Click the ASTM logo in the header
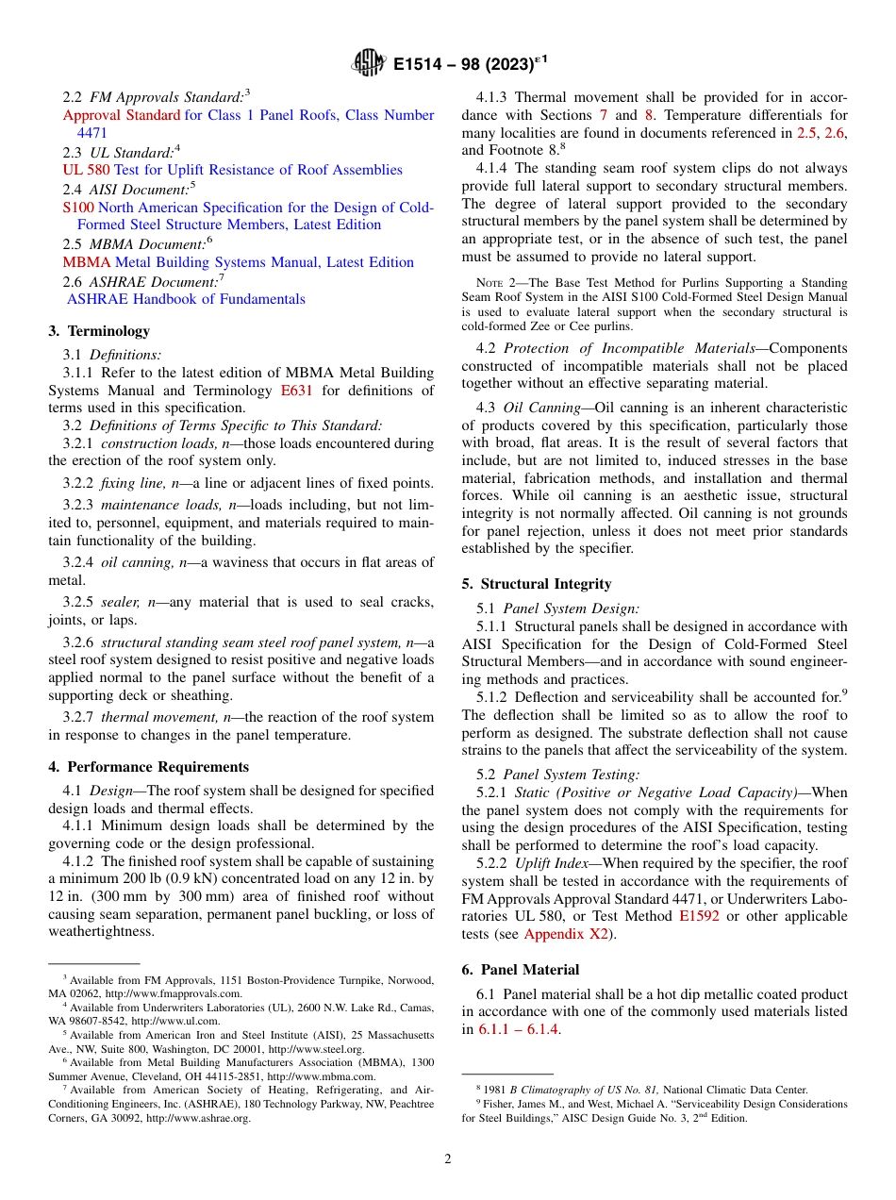coord(368,63)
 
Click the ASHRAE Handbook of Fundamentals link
coord(186,299)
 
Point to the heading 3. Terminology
coord(99,331)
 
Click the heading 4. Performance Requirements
coord(148,767)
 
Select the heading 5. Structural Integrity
coord(536,584)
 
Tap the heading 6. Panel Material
coord(520,970)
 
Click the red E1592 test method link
coord(699,916)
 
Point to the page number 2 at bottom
coord(448,1159)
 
